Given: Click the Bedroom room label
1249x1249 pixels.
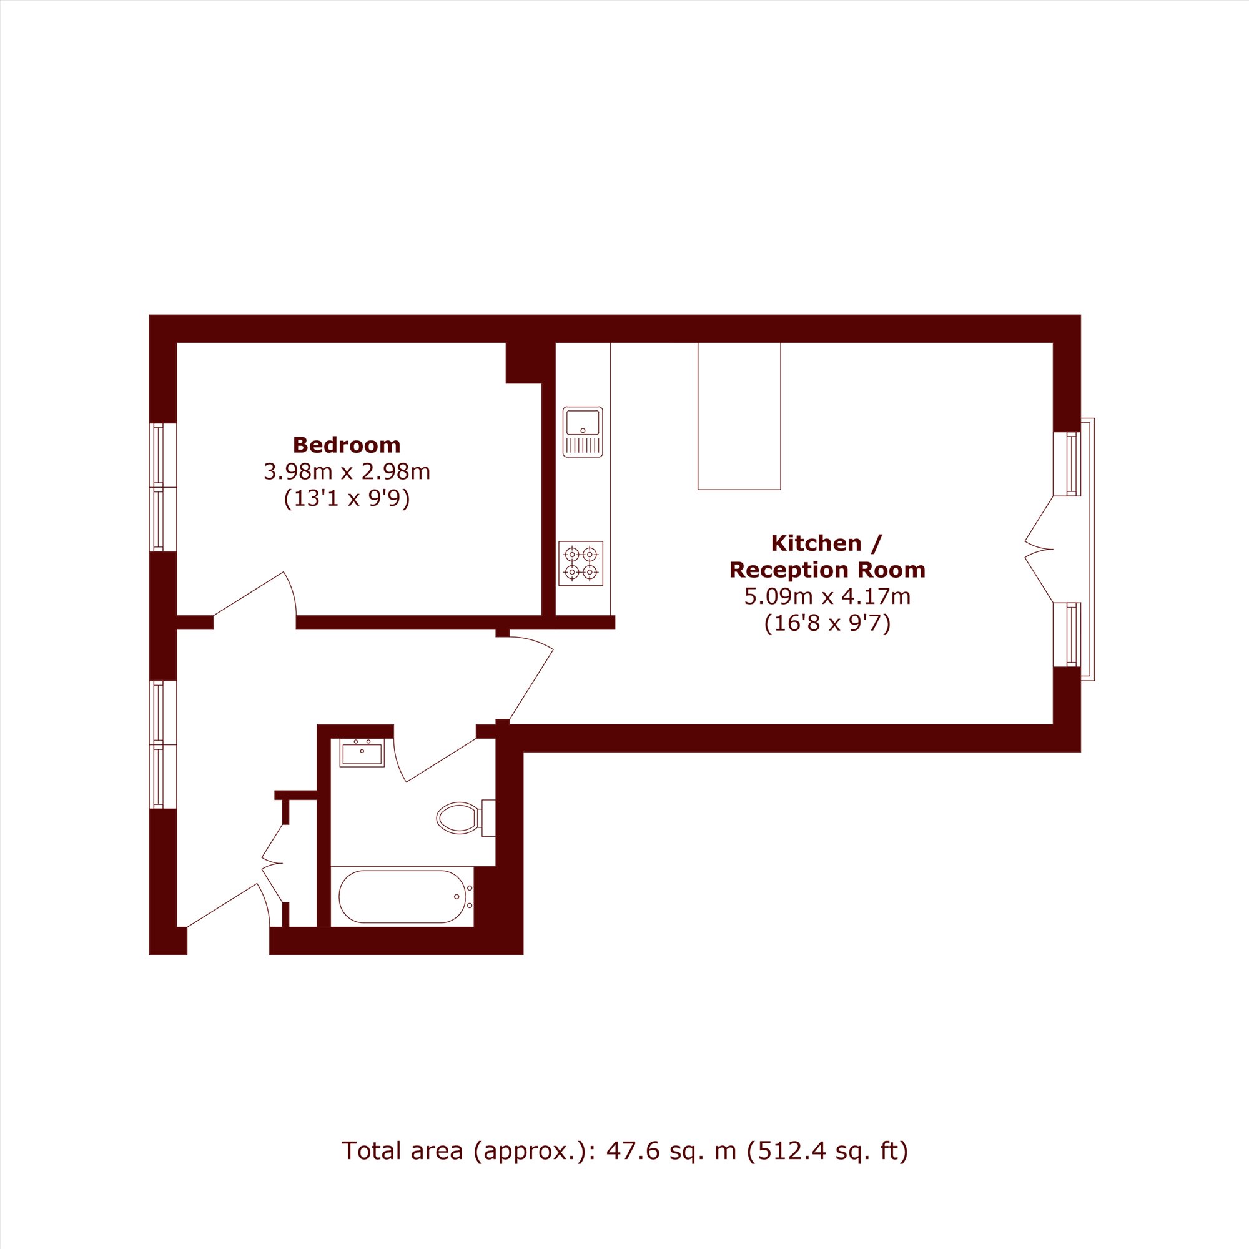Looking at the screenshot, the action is tap(347, 445).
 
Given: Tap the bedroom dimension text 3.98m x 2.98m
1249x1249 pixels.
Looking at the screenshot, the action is tap(347, 472).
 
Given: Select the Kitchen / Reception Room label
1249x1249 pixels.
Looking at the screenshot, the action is tap(827, 556).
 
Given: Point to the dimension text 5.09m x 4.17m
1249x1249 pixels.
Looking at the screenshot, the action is tap(827, 596).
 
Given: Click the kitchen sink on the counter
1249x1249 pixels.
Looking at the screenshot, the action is tap(583, 432).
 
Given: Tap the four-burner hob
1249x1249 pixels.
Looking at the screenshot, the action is tap(581, 563).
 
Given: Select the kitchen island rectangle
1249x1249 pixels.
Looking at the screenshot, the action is tap(739, 416).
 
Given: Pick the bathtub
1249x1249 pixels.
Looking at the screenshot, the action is tap(402, 897).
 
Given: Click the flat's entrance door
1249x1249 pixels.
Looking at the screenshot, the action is tap(227, 905).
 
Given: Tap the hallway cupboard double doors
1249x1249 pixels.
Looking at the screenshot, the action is tap(272, 862).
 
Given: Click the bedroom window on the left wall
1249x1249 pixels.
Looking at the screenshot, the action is tap(163, 488).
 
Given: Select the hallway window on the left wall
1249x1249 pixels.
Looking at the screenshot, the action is tap(163, 744).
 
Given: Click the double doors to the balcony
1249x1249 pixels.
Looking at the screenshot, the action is tap(1039, 549).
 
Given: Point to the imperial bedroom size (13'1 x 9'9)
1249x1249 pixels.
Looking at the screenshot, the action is tap(347, 499).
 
